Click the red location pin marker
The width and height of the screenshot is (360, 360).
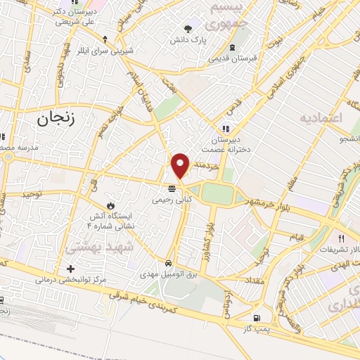click(x=181, y=165)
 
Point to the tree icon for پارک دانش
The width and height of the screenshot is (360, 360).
click(x=188, y=29)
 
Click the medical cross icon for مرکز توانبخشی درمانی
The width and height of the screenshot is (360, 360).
click(x=70, y=269)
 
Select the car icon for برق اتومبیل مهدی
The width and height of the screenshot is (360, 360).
click(x=169, y=263)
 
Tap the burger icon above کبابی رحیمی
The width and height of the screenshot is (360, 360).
click(x=171, y=188)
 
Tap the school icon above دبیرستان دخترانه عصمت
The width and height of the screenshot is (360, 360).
click(x=226, y=129)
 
